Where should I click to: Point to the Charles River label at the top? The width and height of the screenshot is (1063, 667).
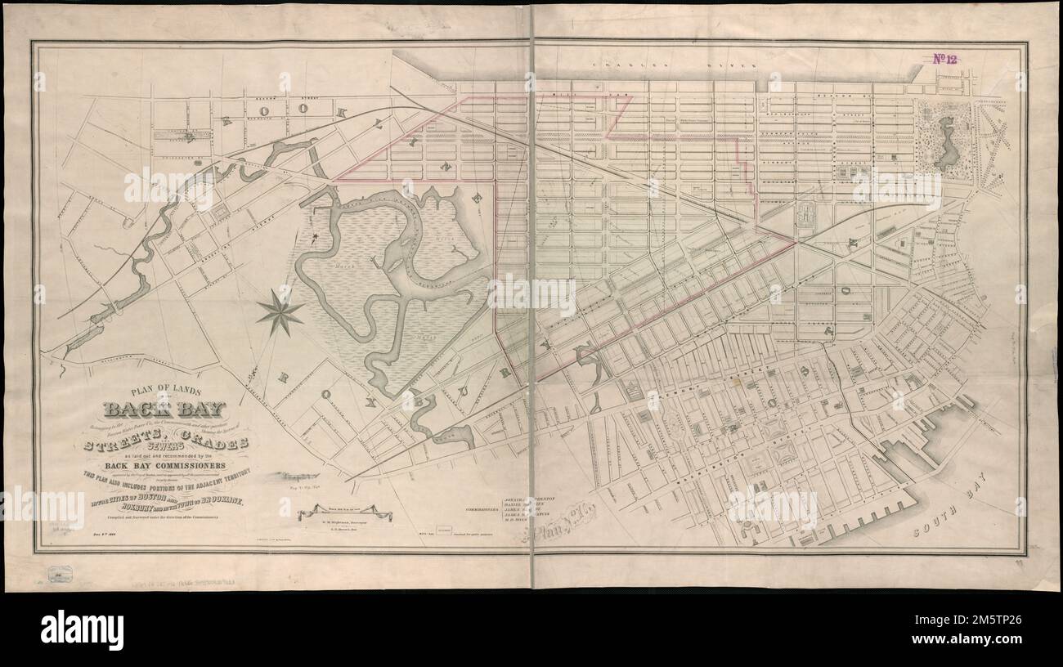tap(646, 60)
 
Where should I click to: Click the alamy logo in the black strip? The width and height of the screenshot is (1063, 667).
tap(82, 629)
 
